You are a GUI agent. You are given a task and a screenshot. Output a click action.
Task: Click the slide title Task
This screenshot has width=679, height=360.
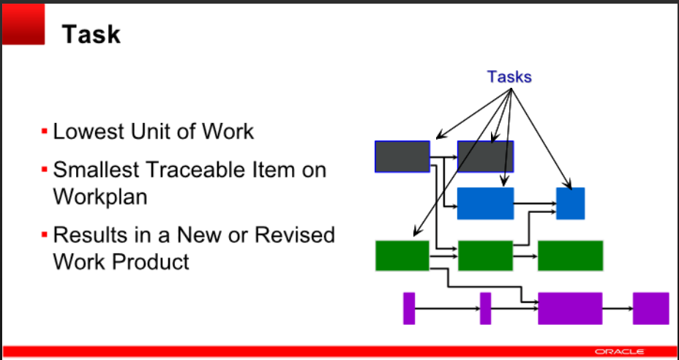pos(90,34)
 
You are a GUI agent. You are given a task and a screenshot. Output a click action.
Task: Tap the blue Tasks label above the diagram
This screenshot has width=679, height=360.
pos(509,76)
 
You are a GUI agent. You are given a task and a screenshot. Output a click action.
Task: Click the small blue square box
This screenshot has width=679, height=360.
pos(570,203)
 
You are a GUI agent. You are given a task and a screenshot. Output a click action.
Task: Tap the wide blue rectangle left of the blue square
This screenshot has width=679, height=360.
pos(485,203)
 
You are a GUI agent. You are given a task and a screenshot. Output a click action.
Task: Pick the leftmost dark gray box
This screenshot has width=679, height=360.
pos(402,157)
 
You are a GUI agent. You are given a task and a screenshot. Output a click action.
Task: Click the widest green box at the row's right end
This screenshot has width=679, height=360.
pos(570,255)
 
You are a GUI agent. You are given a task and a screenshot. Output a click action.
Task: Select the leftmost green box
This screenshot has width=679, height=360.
pos(402,255)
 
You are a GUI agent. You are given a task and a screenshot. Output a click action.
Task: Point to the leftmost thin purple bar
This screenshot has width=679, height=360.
pos(409,308)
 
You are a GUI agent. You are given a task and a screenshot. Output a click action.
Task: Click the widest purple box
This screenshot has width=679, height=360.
pos(570,308)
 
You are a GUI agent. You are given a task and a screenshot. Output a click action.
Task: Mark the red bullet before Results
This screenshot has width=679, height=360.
pos(45,236)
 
